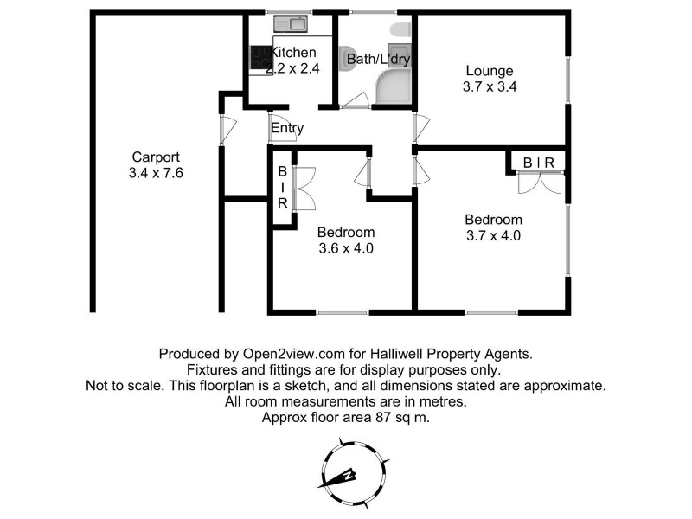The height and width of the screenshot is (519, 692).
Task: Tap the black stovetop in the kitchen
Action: tap(259, 59)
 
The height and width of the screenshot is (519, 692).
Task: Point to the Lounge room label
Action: tap(490, 71)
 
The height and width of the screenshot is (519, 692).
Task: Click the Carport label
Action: tap(156, 157)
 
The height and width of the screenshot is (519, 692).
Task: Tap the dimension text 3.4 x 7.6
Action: tap(156, 173)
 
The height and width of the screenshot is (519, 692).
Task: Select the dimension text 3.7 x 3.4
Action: tap(490, 86)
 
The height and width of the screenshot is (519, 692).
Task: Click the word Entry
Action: tap(287, 129)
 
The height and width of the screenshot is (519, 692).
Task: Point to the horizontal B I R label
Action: tap(537, 161)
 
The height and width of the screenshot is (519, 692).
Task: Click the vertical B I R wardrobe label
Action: tap(282, 188)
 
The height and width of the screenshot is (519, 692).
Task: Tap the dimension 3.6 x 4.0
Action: tap(345, 248)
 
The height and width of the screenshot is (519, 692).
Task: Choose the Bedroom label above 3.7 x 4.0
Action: tap(493, 219)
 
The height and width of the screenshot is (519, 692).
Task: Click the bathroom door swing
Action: tap(354, 103)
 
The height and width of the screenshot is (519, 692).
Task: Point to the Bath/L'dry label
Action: tap(378, 59)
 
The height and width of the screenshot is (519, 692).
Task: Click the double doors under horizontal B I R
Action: tap(537, 183)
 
